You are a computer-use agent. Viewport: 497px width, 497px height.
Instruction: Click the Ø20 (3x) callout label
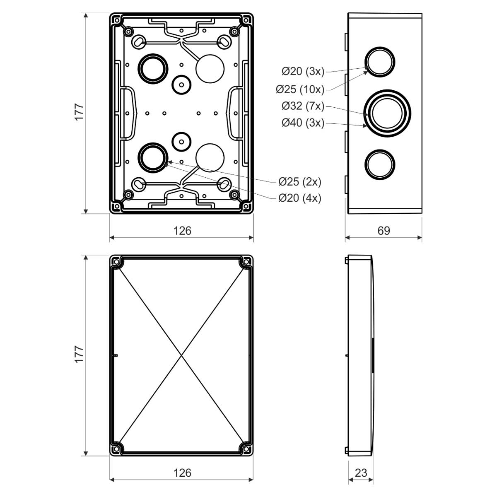point(302,72)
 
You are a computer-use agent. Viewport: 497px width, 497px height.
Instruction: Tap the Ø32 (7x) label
point(302,106)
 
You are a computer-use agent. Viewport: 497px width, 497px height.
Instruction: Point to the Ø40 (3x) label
point(302,123)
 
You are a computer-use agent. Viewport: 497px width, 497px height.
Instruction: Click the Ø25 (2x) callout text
point(299,181)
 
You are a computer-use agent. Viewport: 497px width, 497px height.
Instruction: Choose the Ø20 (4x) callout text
point(299,198)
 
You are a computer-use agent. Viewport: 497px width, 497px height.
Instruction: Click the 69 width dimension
point(384,230)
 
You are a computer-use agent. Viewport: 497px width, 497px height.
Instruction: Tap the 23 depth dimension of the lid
point(361,473)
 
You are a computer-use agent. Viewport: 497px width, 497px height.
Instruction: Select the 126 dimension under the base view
point(182,230)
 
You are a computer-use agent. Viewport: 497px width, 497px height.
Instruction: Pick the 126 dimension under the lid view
point(182,473)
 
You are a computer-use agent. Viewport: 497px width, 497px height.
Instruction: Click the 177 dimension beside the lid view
point(79,355)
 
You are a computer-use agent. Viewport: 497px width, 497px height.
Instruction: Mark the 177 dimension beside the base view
point(79,112)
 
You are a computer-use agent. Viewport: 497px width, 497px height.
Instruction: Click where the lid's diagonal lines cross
point(181,355)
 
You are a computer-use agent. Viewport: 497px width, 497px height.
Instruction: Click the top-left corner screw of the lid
point(116,262)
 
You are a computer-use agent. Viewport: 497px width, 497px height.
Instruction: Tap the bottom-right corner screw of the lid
point(247,449)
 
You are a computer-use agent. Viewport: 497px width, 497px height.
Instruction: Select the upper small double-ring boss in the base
point(181,84)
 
